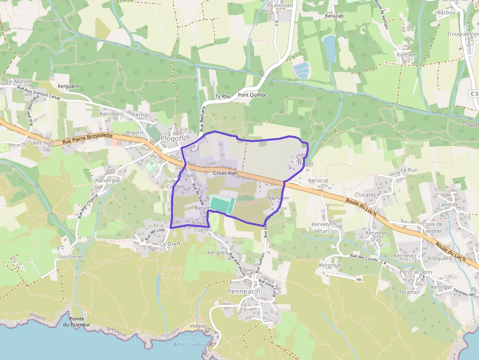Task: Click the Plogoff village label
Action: click(171, 139)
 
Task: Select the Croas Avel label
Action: click(225, 173)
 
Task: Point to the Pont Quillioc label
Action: click(252, 95)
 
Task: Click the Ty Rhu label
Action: click(222, 97)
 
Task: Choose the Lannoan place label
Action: click(283, 5)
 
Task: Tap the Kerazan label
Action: click(334, 16)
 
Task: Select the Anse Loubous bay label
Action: click(192, 344)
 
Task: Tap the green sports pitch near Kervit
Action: click(221, 204)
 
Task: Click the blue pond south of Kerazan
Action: click(329, 48)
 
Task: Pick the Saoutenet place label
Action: click(71, 256)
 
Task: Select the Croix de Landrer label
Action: click(432, 227)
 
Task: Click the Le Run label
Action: click(409, 170)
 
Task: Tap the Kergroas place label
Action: click(330, 265)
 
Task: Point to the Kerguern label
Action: click(68, 86)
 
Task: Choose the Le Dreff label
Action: click(171, 244)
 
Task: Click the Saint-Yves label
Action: click(41, 143)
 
